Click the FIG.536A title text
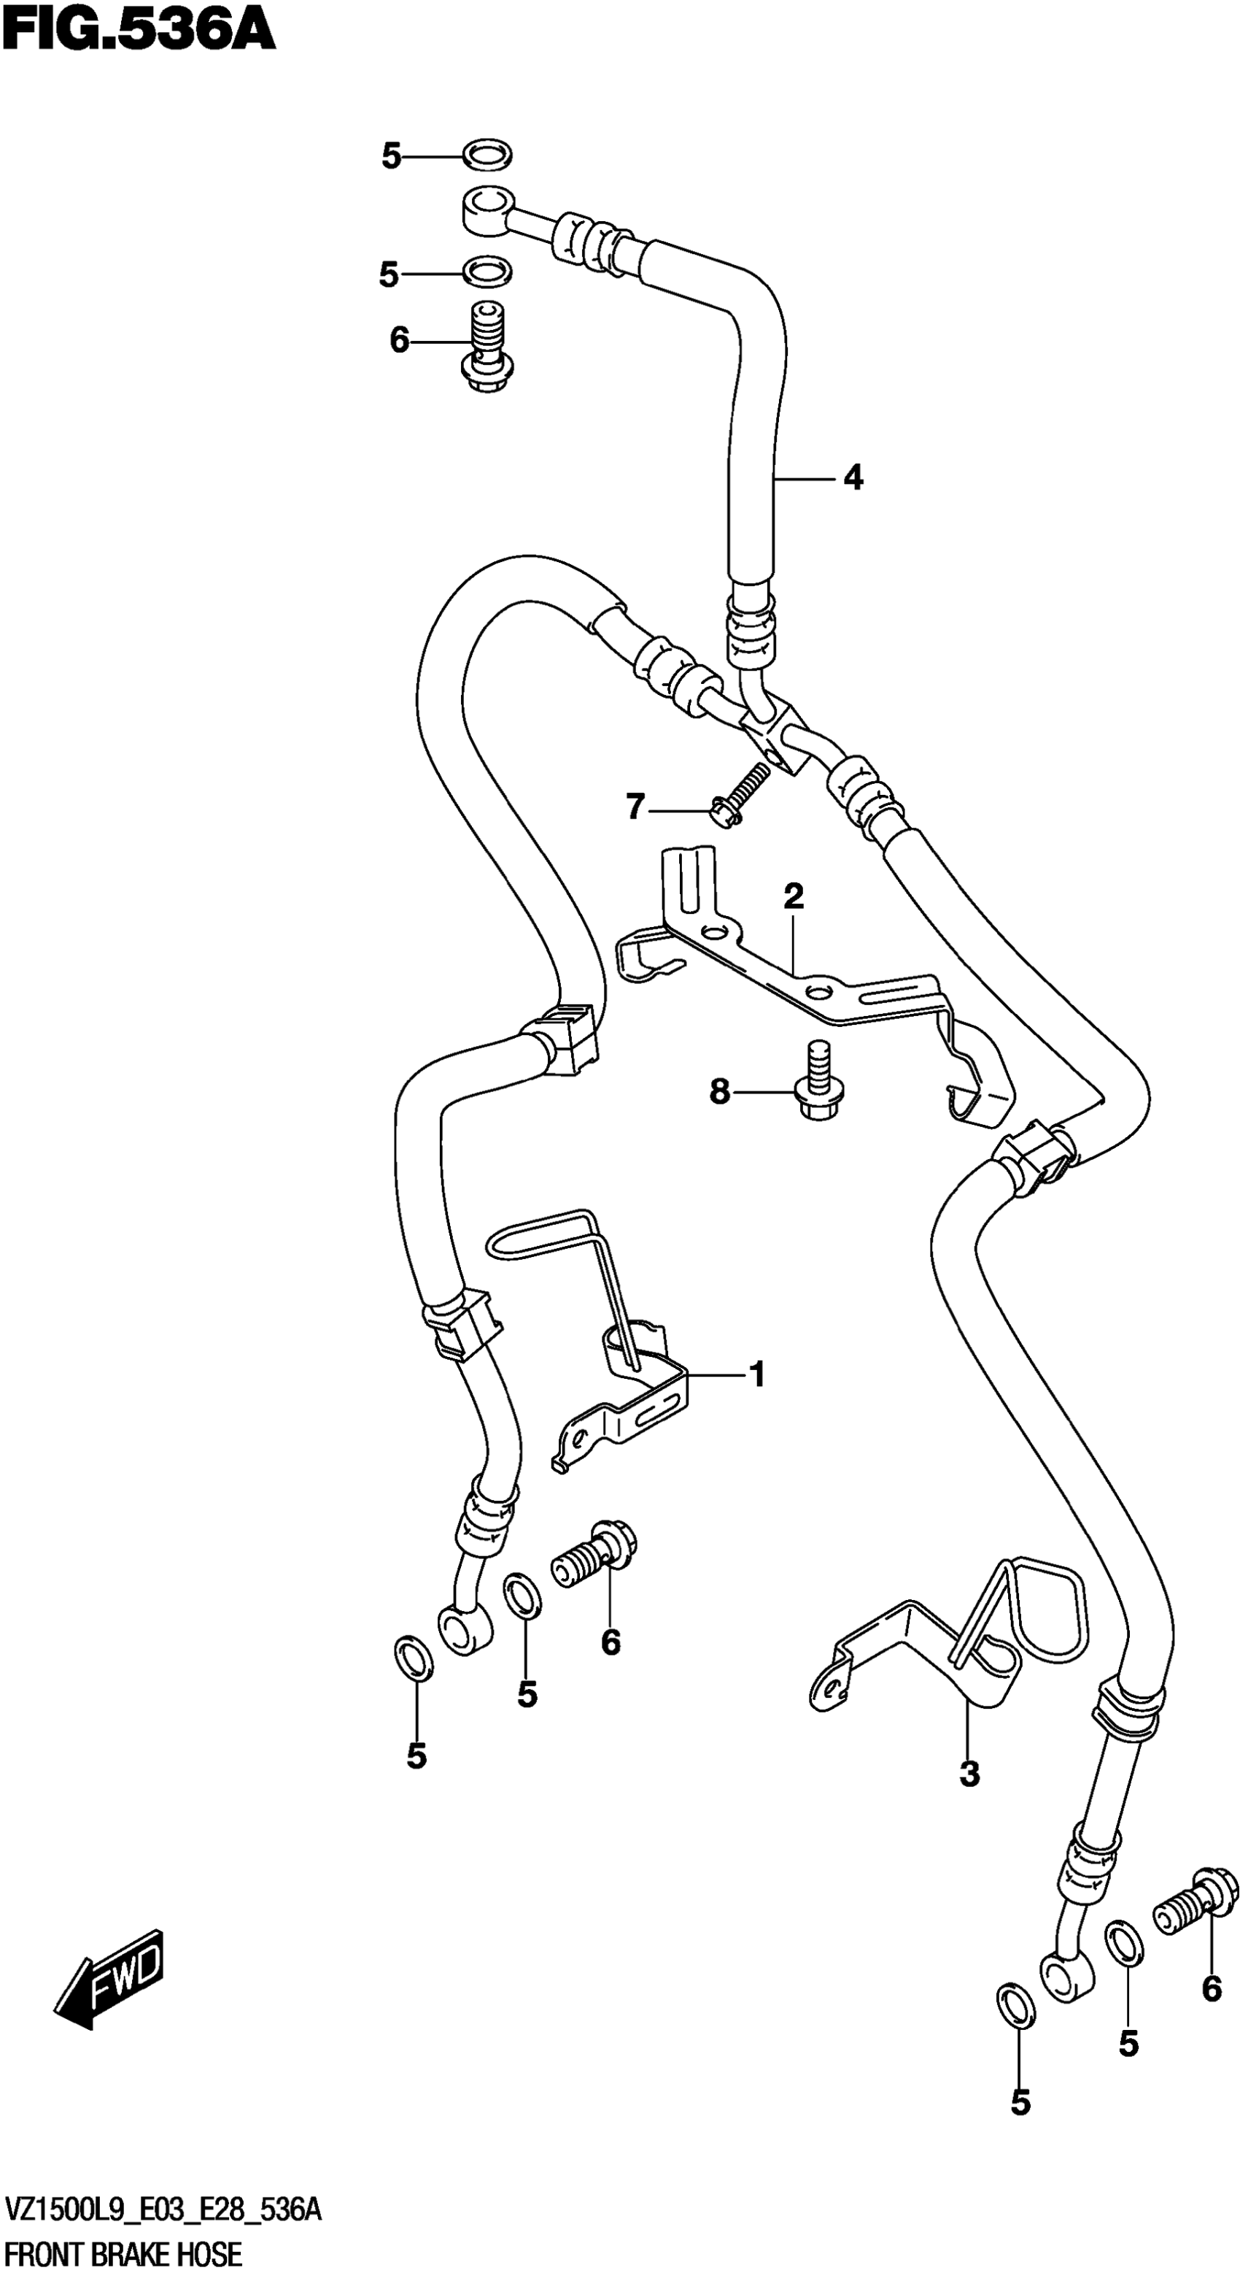(139, 32)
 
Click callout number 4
(852, 478)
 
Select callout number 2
(793, 897)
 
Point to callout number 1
(756, 1374)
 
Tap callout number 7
(635, 807)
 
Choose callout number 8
(720, 1093)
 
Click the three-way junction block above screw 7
(773, 732)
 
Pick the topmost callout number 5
(391, 157)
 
